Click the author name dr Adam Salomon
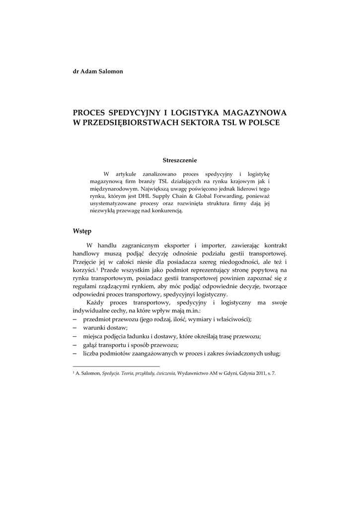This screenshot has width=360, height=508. [x=98, y=71]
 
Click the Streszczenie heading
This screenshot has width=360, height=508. [x=180, y=160]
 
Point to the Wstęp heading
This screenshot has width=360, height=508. [x=82, y=231]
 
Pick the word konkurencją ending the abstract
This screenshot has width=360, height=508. [x=168, y=211]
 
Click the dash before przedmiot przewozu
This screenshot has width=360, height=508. [x=75, y=319]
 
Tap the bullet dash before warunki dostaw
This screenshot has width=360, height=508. [x=75, y=327]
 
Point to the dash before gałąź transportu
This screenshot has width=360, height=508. [x=75, y=344]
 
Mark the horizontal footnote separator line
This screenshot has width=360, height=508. [x=116, y=366]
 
